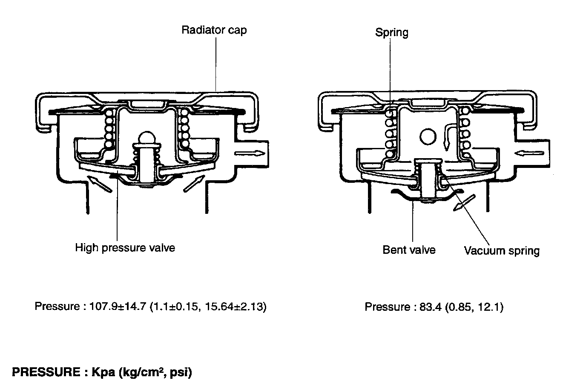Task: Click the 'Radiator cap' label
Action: (x=214, y=30)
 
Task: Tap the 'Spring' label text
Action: (x=391, y=32)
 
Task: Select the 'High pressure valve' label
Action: (x=125, y=247)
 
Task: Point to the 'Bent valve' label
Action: (x=409, y=250)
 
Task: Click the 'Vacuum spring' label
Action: (x=502, y=251)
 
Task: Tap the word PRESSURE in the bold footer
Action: (x=43, y=372)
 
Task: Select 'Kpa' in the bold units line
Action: (x=103, y=372)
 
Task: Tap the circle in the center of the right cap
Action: (x=428, y=136)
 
